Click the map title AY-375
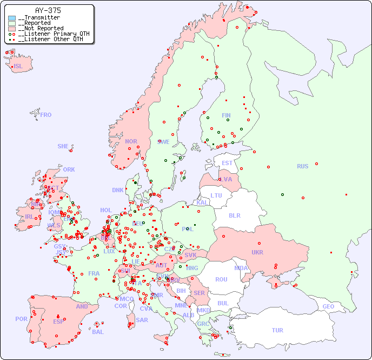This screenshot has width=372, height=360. (48, 10)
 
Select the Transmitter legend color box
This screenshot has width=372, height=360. (12, 18)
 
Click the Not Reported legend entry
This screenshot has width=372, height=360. (41, 28)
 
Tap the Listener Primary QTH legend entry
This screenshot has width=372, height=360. (50, 34)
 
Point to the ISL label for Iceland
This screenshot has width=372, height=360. (18, 67)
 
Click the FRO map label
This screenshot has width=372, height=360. (46, 115)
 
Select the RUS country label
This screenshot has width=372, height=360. (302, 166)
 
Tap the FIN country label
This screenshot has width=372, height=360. (226, 115)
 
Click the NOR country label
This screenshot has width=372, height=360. (131, 141)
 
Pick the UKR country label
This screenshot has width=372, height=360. (257, 252)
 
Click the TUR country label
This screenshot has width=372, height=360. (277, 330)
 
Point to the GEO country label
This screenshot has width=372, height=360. (328, 306)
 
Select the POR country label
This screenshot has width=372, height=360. (21, 319)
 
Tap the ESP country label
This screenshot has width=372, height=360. (58, 321)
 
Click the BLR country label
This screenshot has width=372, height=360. (235, 215)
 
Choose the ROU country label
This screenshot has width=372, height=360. (221, 279)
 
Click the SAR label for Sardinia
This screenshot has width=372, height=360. (142, 320)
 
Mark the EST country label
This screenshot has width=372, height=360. (227, 163)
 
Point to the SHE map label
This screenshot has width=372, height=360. (63, 146)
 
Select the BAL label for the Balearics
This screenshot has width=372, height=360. (97, 332)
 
